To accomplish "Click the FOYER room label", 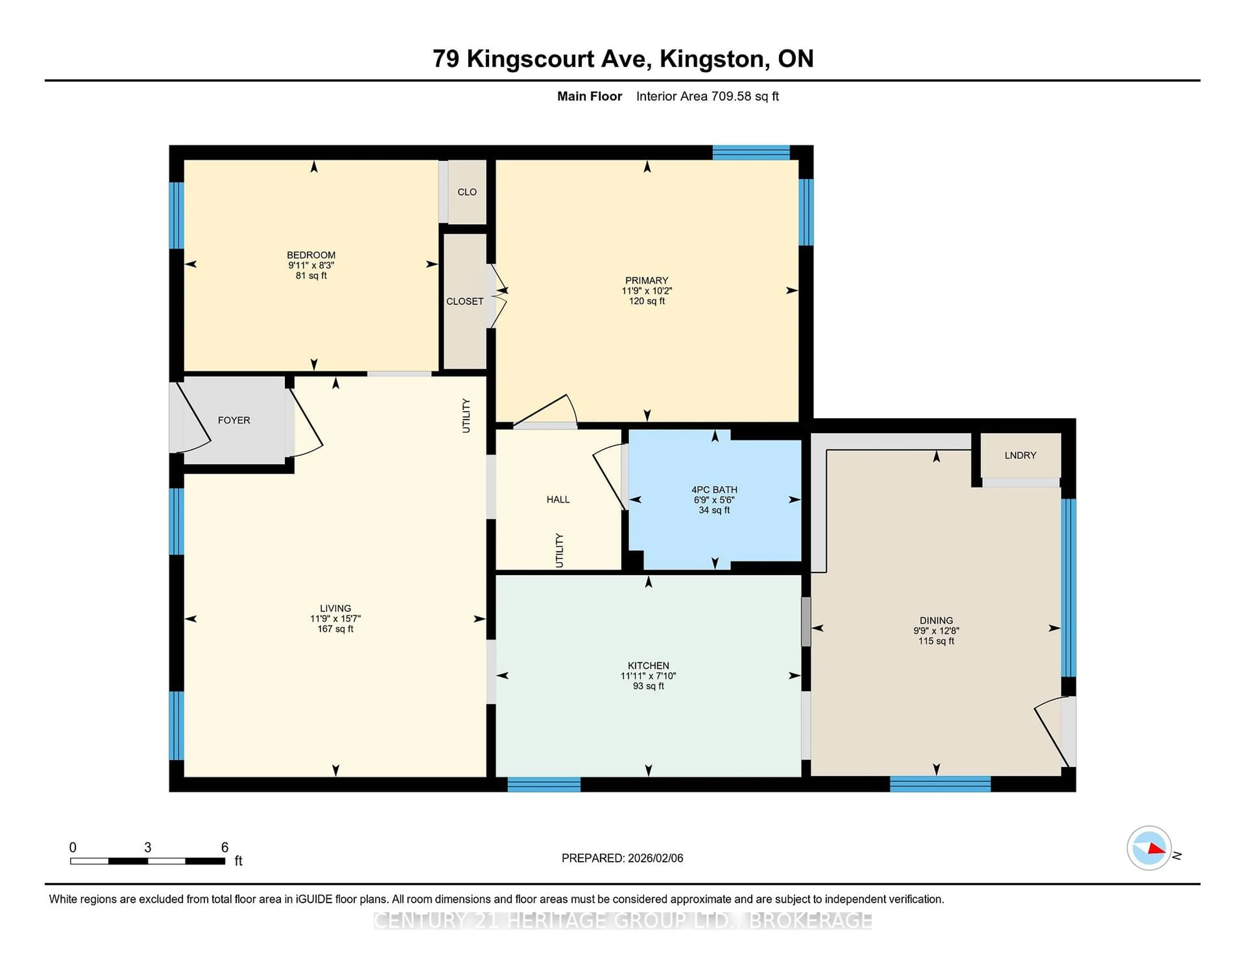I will [234, 420].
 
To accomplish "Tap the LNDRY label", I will [1020, 455].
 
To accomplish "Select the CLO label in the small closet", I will [467, 192].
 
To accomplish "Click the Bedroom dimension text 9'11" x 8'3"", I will [311, 265].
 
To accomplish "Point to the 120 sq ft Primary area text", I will [646, 301].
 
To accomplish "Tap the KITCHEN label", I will [648, 665].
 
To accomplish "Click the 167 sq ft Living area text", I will [335, 628].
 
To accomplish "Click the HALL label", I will [558, 499].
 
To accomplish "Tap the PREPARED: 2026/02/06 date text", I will [622, 858].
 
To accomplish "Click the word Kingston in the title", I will [711, 59].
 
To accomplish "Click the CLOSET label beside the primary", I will [465, 301].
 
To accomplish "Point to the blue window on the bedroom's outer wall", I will [177, 216].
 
